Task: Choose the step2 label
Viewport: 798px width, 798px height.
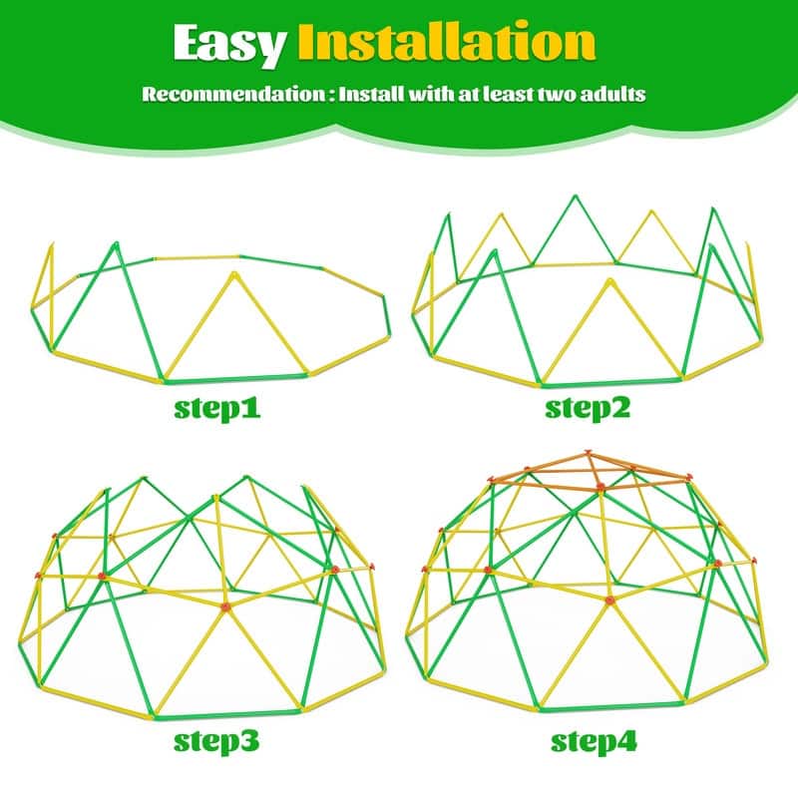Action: click(x=588, y=408)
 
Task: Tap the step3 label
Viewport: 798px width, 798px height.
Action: click(x=217, y=741)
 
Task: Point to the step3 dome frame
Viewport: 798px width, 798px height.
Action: click(x=214, y=598)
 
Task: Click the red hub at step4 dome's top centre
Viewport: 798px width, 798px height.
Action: click(x=600, y=488)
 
